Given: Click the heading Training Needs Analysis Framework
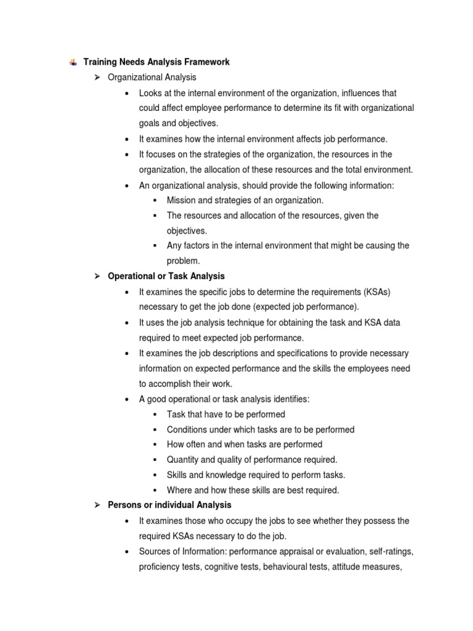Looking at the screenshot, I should [156, 62].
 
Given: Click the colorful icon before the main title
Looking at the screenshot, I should [73, 62].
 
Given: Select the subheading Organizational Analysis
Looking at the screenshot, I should [152, 77].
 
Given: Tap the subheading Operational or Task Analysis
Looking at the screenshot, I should [166, 275].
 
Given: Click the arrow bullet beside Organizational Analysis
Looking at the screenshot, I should [97, 77].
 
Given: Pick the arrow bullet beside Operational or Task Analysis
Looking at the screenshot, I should [97, 275].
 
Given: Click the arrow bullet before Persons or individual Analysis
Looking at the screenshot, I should [97, 505].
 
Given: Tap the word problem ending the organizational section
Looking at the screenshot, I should [183, 261].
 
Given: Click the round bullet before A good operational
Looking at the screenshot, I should [126, 399].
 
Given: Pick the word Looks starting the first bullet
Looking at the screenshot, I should [150, 93].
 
